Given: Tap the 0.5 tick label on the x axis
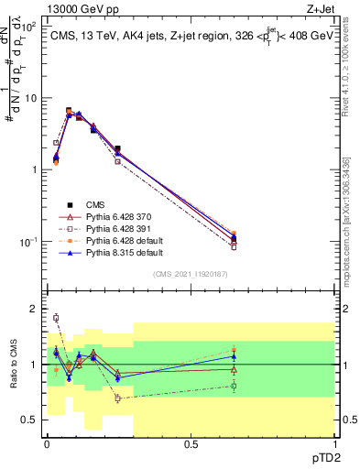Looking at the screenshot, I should tap(191, 443).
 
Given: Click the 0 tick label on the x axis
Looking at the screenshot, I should tap(47, 443).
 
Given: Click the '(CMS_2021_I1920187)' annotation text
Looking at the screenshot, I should tap(191, 275).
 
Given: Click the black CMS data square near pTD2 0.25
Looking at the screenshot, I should tap(117, 148).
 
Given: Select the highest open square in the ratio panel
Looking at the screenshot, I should tap(56, 318).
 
